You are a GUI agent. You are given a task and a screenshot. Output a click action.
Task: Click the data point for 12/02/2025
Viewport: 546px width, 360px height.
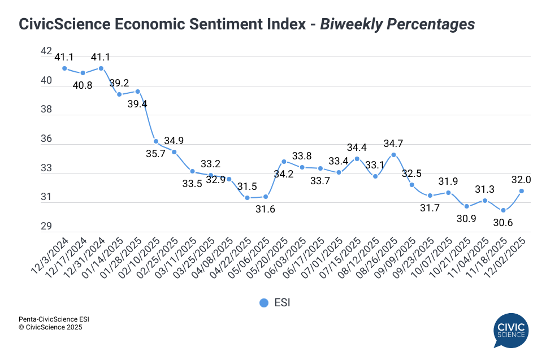(x=521, y=191)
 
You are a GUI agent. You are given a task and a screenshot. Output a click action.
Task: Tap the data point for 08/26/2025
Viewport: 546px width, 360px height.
(x=393, y=155)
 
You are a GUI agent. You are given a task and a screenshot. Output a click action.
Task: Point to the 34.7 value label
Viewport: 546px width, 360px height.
(x=393, y=143)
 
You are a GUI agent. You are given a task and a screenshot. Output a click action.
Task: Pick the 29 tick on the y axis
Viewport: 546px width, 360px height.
(x=46, y=227)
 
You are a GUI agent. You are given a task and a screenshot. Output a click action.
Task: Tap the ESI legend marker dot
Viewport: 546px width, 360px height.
(x=264, y=303)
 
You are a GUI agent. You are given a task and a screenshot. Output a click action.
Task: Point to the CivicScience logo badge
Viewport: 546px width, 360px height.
(x=510, y=331)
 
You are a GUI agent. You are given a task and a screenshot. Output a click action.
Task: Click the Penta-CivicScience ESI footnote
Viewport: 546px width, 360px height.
(x=54, y=319)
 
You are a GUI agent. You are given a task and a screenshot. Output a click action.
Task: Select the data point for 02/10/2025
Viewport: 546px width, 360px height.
(x=155, y=141)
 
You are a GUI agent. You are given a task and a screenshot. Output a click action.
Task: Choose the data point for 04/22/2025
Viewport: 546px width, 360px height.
(x=247, y=198)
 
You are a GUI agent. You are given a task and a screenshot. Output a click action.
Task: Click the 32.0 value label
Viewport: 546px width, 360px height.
(x=521, y=179)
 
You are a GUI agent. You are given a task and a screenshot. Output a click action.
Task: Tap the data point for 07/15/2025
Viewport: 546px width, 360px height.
(x=357, y=159)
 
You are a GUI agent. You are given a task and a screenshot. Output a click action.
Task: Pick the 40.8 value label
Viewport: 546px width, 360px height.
(x=83, y=85)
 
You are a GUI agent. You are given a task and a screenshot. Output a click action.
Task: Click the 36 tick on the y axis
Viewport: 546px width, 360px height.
(x=46, y=139)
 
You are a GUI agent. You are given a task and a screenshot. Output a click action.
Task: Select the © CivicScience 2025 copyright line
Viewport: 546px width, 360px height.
(x=50, y=327)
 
